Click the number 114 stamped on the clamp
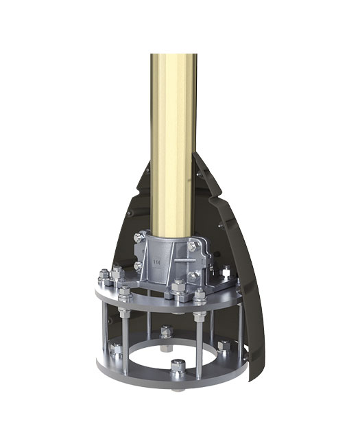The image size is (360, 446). click(157, 262)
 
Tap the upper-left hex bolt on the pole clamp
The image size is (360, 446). click(139, 237)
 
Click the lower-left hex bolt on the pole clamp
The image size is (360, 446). click(139, 266)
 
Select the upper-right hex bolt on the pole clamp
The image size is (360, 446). click(192, 246)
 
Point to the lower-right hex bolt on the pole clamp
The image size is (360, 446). click(192, 276)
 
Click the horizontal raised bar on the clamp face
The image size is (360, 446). click(184, 260)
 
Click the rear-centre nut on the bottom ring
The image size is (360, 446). click(167, 331)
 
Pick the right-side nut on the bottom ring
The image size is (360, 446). click(224, 345)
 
